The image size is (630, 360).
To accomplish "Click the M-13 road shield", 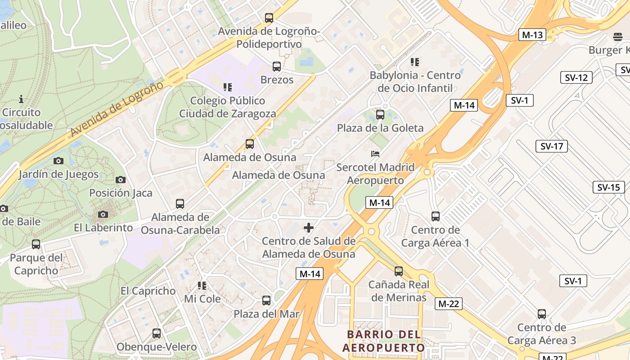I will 532,35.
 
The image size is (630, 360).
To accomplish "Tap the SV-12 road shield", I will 576,77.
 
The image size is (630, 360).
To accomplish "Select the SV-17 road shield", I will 552,146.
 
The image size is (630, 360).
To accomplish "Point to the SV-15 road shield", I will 608,187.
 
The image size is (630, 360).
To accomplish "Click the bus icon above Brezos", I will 277,67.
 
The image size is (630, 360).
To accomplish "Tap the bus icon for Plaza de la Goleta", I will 380,115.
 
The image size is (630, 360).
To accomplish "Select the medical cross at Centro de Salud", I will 309,228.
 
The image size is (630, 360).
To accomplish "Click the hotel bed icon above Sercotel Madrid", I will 375,154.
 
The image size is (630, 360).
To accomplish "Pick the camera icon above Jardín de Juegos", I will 58,161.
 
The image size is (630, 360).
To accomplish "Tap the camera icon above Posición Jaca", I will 121,180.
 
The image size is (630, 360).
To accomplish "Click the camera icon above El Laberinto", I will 103,214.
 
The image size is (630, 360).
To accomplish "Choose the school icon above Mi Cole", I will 202,285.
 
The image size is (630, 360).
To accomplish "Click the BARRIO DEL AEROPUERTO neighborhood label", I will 384,341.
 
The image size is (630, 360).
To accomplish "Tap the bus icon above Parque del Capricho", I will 36,244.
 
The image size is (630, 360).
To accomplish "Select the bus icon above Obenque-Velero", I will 157,333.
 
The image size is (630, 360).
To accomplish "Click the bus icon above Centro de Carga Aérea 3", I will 542,314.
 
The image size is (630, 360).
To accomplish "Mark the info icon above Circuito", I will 21,99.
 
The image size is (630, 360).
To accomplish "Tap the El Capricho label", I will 148,291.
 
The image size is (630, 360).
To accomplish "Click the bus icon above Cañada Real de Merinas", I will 399,271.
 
